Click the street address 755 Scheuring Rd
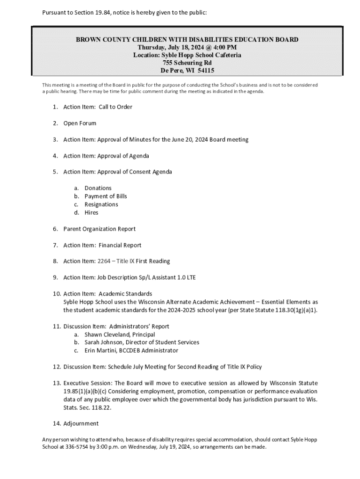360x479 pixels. tap(187, 63)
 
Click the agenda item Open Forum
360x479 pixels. tap(80, 123)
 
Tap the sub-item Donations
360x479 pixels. tap(98, 188)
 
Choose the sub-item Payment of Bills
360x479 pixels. tap(106, 196)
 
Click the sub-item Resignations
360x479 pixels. tap(101, 204)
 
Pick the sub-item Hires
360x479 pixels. tap(92, 213)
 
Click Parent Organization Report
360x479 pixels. tap(100, 229)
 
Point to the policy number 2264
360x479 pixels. tap(103, 261)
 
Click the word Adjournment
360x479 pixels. tap(81, 424)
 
